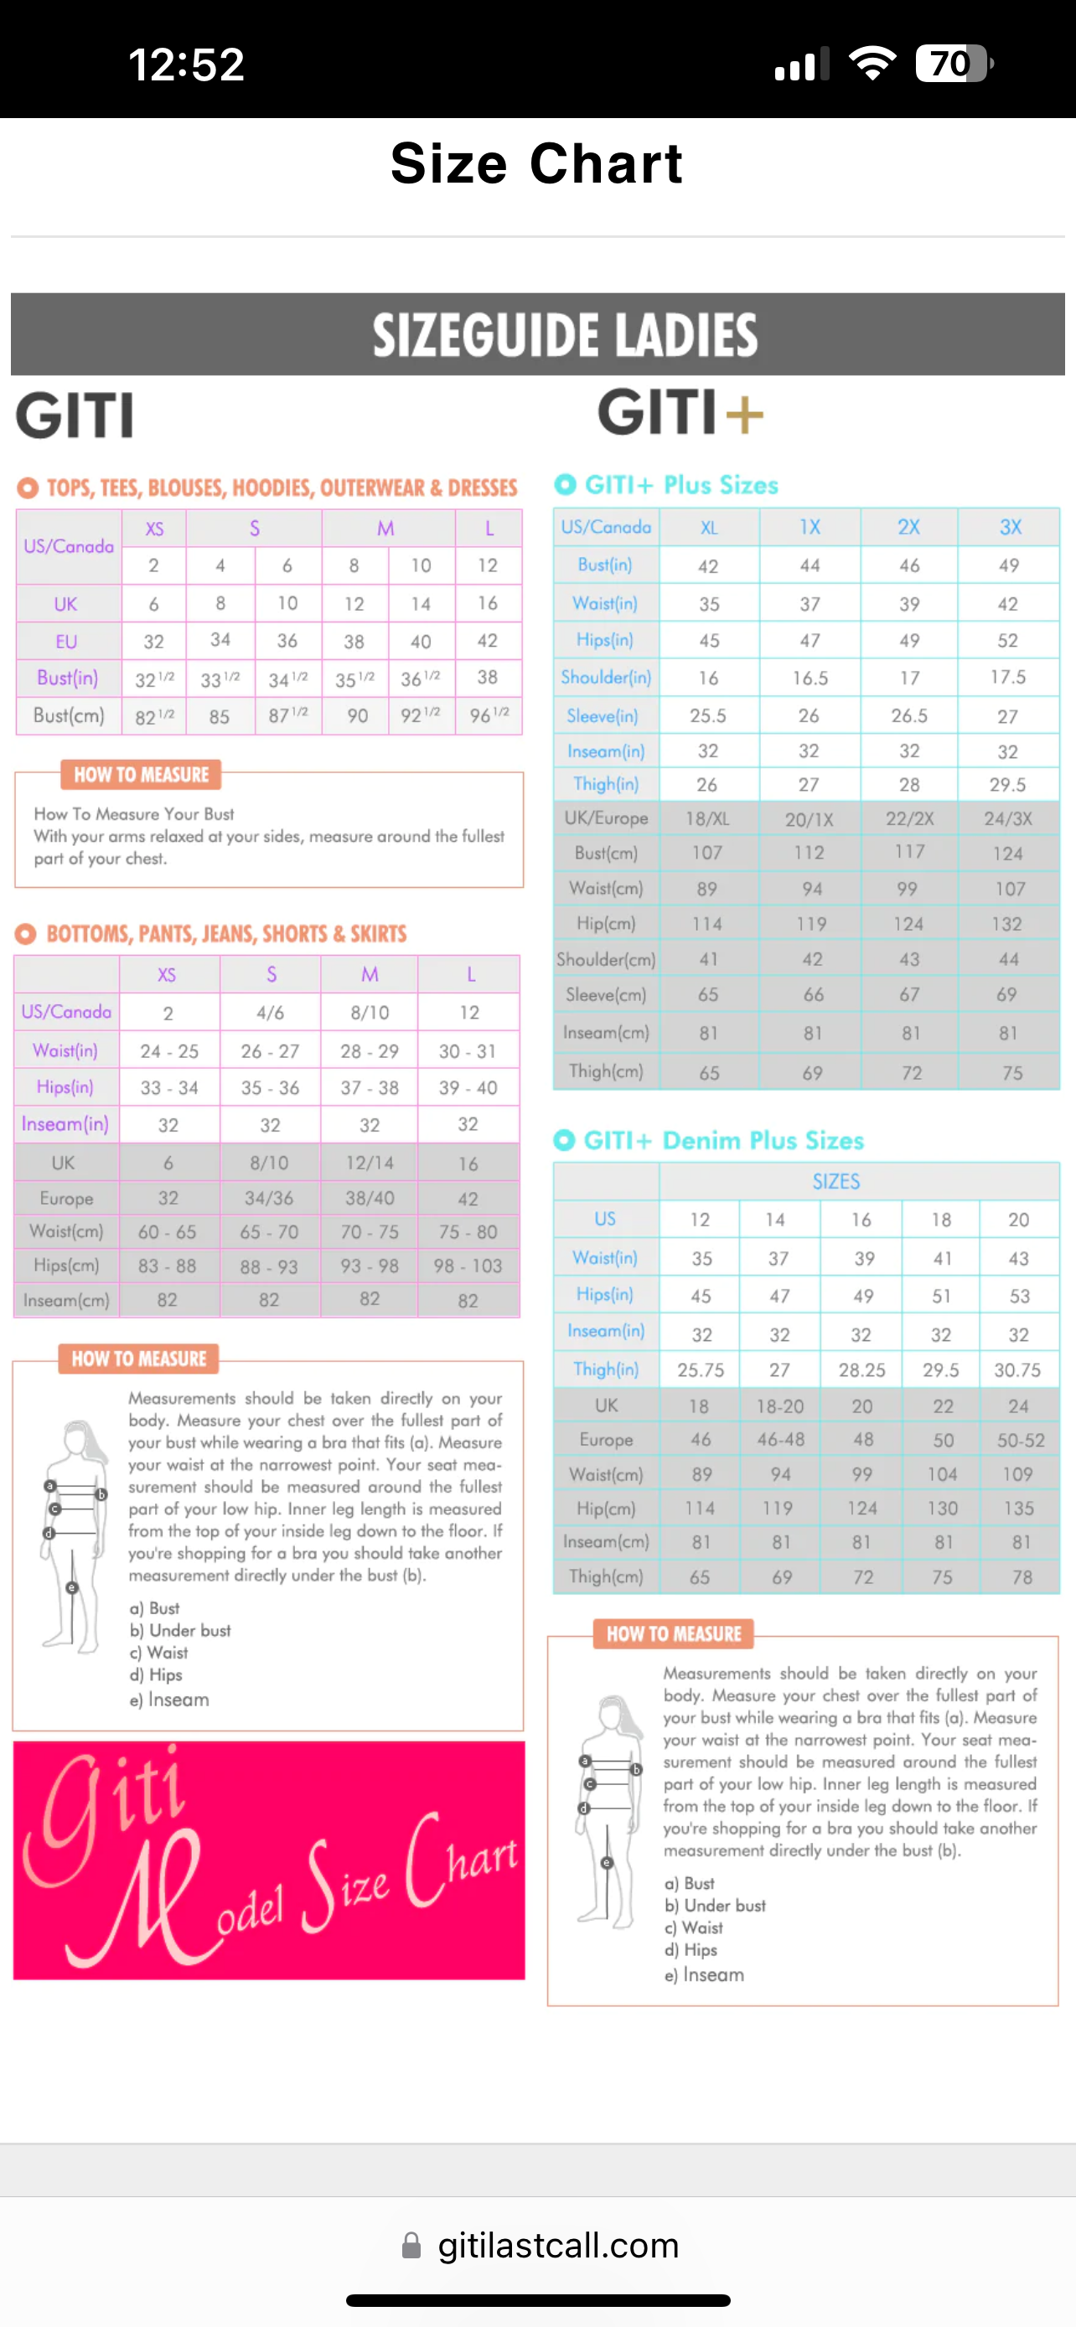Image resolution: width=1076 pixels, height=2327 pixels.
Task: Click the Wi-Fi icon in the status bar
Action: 872,63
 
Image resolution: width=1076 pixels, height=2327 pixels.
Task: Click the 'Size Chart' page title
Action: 536,163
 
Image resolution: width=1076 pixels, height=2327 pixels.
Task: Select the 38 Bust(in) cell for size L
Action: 488,678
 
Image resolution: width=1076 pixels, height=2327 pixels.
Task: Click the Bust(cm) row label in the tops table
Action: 69,716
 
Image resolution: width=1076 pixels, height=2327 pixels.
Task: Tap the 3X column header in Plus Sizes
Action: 1010,528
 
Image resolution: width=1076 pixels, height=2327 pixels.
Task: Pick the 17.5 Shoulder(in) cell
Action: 1008,678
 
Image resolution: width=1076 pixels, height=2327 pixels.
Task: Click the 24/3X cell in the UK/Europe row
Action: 1008,819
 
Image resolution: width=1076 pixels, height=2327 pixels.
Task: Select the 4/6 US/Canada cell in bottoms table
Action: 270,1013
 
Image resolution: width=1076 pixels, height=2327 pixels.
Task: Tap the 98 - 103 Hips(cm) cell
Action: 468,1266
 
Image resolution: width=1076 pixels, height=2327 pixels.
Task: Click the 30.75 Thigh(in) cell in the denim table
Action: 1018,1370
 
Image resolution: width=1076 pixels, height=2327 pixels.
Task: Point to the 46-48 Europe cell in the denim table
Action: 780,1440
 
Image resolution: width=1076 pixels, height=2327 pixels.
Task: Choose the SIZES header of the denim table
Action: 835,1182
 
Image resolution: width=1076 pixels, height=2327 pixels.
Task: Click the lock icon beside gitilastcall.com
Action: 411,2246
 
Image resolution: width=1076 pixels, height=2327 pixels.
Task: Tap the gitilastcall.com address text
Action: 558,2246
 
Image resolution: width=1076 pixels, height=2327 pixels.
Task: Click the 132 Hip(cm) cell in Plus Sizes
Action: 1007,924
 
